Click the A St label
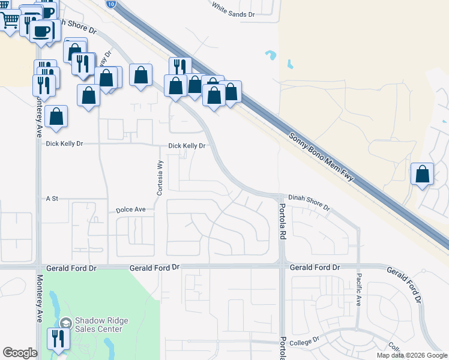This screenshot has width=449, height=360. (51, 198)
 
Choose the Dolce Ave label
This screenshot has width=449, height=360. (131, 210)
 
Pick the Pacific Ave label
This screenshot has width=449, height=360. (358, 289)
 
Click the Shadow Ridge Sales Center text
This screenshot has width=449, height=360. (98, 325)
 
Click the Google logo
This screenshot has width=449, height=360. (20, 353)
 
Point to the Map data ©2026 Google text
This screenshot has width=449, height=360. (411, 355)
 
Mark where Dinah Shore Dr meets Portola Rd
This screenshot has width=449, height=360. (280, 196)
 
